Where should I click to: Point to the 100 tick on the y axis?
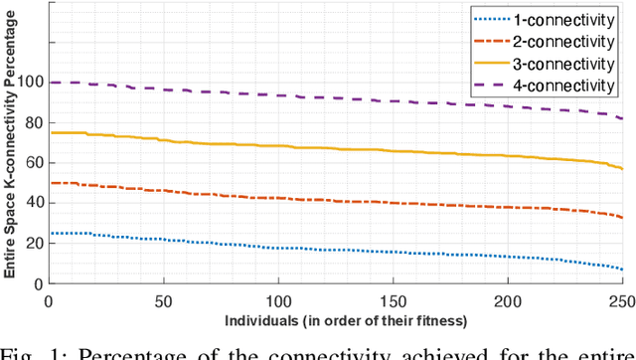(30, 83)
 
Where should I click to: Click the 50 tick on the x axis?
(163, 299)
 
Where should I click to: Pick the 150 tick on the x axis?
(393, 299)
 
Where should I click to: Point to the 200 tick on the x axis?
(507, 299)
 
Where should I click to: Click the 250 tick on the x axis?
(620, 299)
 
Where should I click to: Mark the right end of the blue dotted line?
(622, 270)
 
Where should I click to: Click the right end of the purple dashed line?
(622, 118)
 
